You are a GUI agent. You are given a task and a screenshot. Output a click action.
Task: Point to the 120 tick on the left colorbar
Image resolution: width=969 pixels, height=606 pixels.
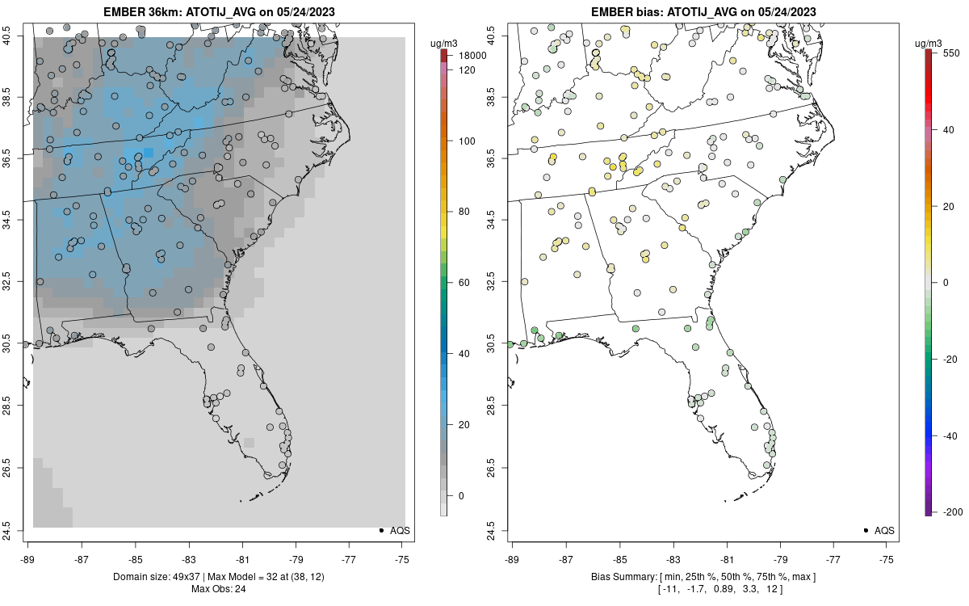pos(467,70)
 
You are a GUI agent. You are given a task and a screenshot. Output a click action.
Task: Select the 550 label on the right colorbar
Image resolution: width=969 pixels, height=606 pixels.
pos(950,51)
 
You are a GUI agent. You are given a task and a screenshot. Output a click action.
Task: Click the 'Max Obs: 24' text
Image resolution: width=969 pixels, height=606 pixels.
pos(218,588)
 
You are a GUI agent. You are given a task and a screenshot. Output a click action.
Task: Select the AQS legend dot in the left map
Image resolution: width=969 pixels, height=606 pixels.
pos(380,531)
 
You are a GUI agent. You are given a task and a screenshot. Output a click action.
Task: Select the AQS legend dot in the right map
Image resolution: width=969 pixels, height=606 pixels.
pos(865,531)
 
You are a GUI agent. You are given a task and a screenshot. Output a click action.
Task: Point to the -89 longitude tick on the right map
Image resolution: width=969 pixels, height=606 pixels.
pos(512,558)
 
